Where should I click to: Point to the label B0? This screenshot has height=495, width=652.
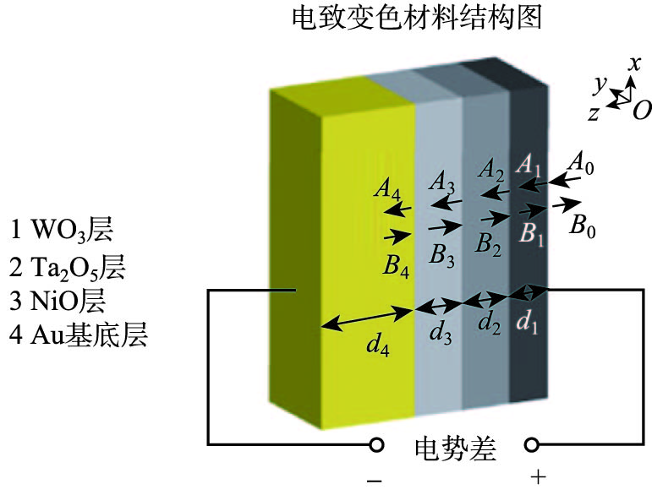[583, 226]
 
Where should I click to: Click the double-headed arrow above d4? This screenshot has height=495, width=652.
[366, 317]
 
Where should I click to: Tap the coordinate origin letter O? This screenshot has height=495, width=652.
[642, 109]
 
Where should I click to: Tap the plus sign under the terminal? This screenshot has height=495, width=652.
[537, 479]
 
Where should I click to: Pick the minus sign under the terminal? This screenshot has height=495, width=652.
[375, 480]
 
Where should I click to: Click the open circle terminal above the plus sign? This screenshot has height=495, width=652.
[533, 444]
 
